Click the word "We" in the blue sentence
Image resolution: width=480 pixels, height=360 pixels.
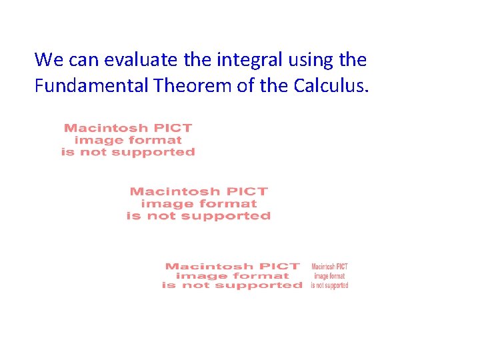tap(47, 60)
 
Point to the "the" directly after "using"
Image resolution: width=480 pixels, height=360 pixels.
tap(353, 60)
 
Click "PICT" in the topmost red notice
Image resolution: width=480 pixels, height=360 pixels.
tap(173, 128)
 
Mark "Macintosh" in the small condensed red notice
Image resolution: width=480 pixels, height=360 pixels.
tap(323, 267)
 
